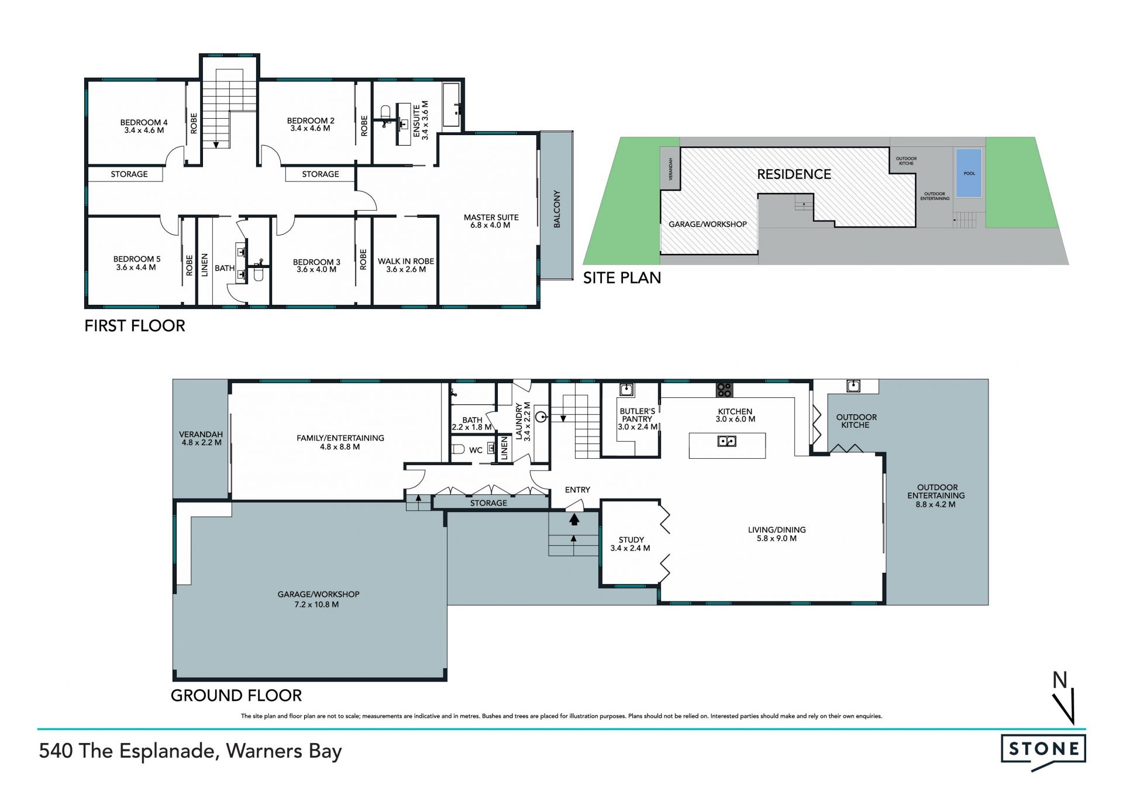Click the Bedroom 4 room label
point(144,126)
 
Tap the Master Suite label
point(491,221)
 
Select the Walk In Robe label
point(406,265)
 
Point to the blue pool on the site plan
point(969,173)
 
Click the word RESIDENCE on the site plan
point(794,174)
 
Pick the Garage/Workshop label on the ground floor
point(319,599)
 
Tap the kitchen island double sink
point(727,441)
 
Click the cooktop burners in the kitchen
point(724,389)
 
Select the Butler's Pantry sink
point(626,389)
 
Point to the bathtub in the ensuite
point(452,105)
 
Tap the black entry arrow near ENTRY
point(574,518)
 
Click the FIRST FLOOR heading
point(135,326)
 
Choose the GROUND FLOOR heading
point(236,696)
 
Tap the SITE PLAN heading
point(622,278)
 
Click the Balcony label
point(557,209)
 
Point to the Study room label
point(631,544)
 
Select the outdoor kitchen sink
point(853,386)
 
